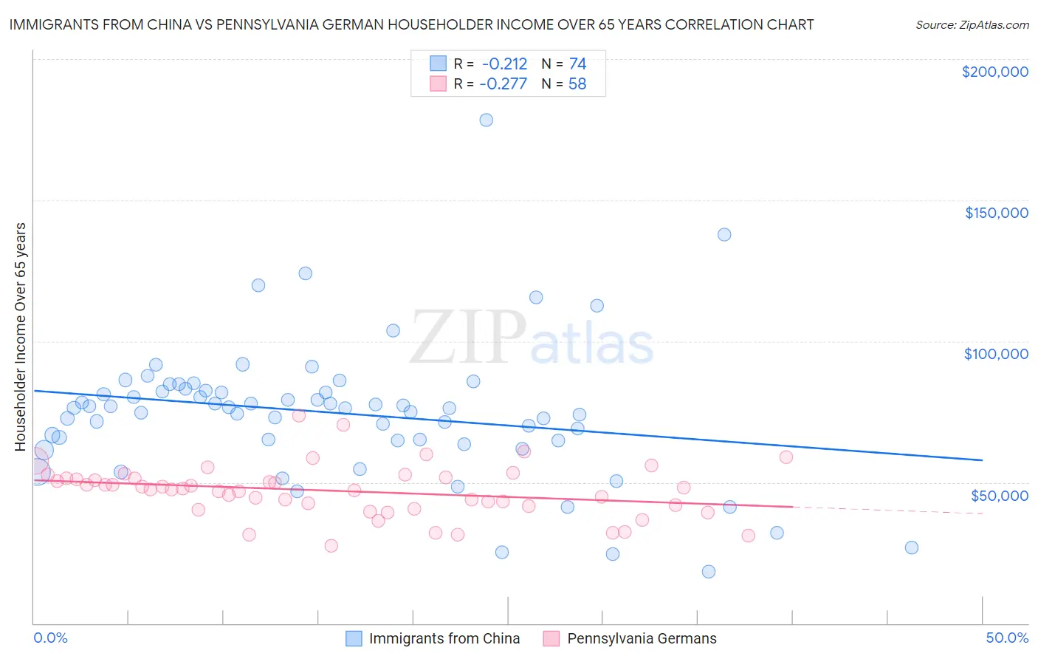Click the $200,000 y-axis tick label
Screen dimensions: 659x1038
pos(994,72)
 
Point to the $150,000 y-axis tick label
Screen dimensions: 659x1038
pos(996,213)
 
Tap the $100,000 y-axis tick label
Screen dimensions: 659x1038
pos(996,354)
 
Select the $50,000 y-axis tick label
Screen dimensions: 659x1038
pos(999,495)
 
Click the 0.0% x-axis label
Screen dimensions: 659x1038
pos(50,638)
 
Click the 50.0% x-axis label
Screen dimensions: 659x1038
pos(1007,638)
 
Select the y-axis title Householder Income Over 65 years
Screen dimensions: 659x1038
pos(21,337)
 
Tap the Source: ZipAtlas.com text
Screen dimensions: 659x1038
pos(972,24)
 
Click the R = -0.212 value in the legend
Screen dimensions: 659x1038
pos(490,64)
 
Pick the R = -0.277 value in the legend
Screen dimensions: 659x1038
pos(490,84)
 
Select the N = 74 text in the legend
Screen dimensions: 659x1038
pos(564,64)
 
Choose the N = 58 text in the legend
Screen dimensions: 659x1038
pos(564,84)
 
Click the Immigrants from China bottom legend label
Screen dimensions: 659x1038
pos(444,638)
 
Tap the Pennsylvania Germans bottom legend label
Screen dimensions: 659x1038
pos(642,638)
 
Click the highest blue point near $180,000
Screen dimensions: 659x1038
pos(486,120)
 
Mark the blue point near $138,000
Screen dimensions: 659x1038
pos(724,234)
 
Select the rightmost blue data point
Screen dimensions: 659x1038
pos(912,547)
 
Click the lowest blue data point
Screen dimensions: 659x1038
pos(709,571)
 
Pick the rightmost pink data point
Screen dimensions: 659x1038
pos(786,457)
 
